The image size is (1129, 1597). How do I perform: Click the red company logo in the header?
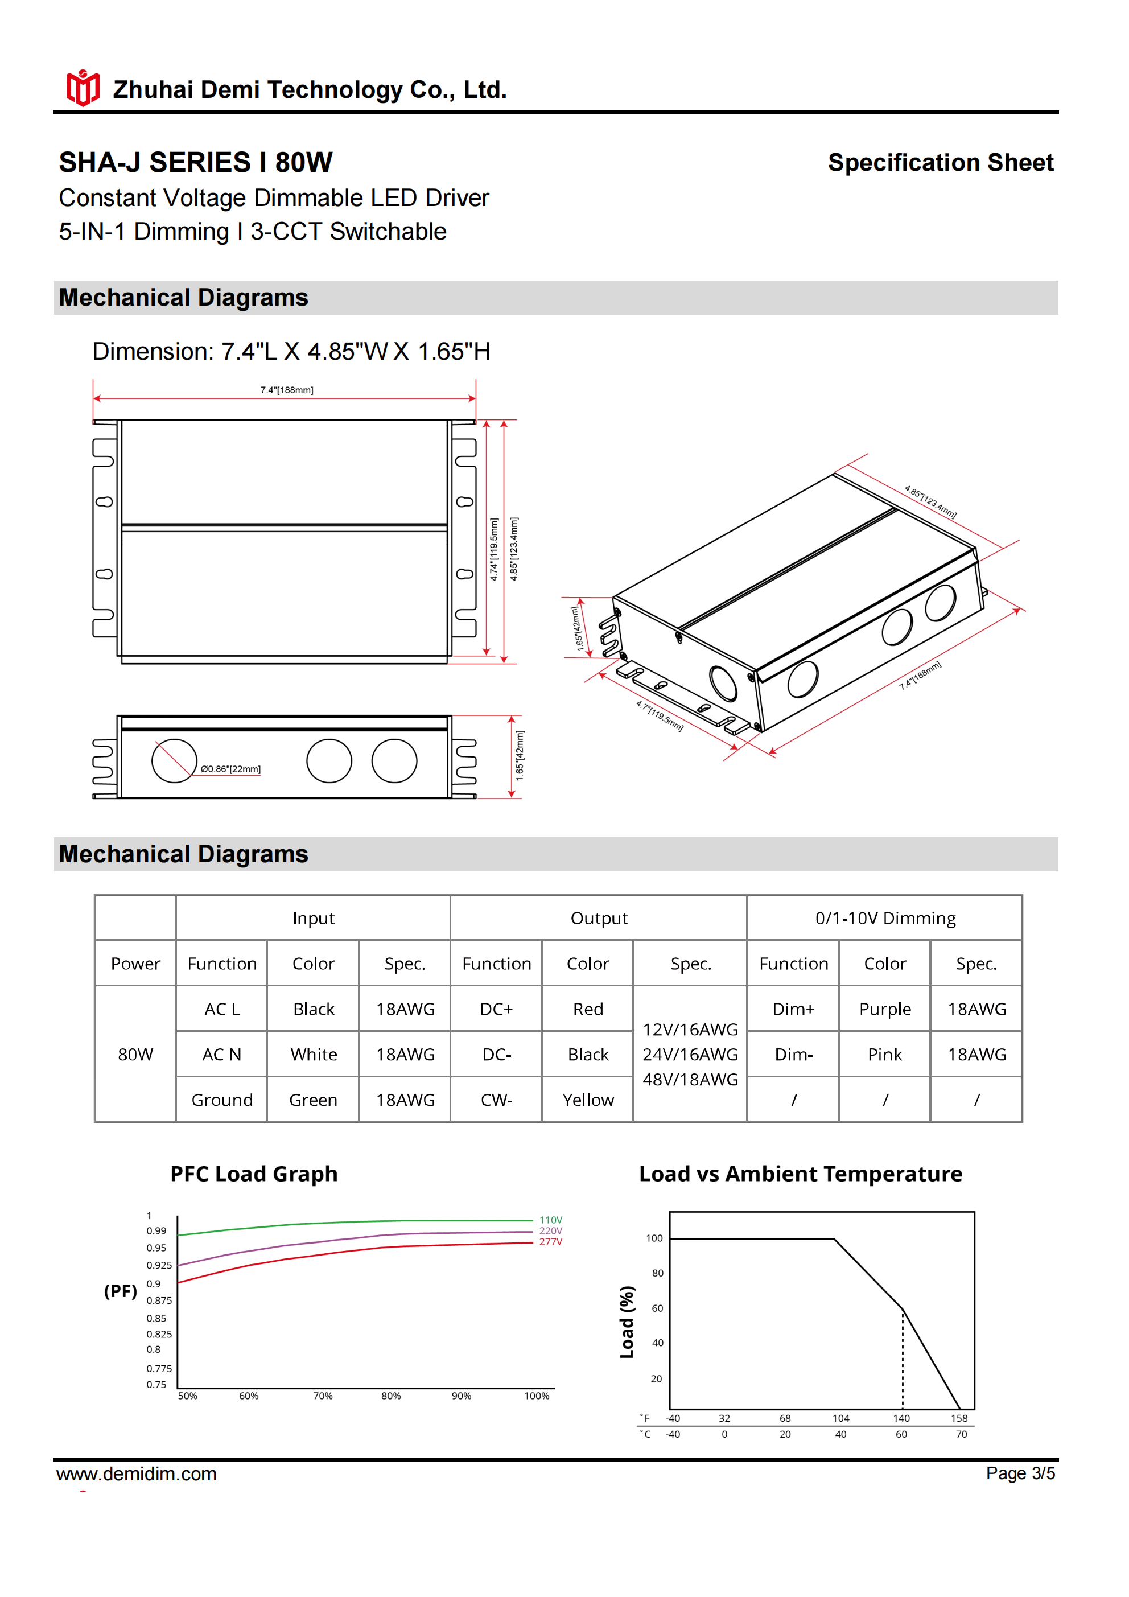coord(83,88)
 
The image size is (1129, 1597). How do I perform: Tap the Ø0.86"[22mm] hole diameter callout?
coord(230,768)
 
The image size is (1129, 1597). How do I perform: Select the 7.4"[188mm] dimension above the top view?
coord(287,390)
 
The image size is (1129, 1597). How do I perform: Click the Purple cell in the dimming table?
coord(884,1009)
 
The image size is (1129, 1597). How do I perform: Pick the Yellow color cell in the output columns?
coord(588,1100)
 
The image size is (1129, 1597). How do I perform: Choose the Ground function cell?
coord(222,1100)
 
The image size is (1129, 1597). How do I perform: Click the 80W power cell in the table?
coord(135,1055)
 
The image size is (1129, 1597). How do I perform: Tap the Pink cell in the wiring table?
coord(884,1055)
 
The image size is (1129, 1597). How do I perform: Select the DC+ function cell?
coord(496,1009)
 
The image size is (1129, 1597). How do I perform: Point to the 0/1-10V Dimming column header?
coord(885,918)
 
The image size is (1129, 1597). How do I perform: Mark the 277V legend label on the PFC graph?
coord(550,1241)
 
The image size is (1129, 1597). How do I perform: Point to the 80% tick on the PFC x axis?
coord(391,1396)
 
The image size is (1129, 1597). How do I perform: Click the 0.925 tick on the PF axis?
coord(159,1265)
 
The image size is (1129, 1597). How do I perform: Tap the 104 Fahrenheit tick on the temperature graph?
coord(840,1418)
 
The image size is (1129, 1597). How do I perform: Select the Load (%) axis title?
coord(627,1322)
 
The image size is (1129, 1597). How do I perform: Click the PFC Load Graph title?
coord(254,1174)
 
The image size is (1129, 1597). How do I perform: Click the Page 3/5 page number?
coord(1020,1473)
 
